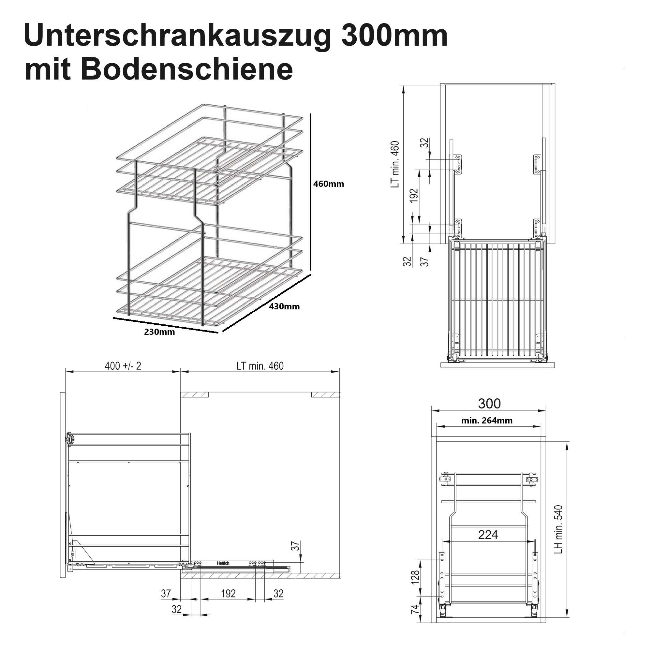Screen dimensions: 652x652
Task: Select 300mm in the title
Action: point(394,36)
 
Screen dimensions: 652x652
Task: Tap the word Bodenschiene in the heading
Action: point(186,69)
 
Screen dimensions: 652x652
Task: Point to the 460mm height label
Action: point(328,184)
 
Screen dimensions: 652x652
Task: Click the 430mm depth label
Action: point(284,306)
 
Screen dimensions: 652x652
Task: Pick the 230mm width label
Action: point(159,332)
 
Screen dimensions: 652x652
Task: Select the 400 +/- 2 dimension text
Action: point(123,366)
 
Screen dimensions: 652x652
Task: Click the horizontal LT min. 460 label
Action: point(260,366)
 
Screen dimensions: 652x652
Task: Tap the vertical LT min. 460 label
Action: point(395,164)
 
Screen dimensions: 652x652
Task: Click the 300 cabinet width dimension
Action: point(489,404)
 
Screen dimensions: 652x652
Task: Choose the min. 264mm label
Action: point(487,421)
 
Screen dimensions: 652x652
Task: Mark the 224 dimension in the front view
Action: point(488,535)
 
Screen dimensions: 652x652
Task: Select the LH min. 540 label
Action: point(558,534)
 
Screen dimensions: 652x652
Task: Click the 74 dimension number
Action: point(415,608)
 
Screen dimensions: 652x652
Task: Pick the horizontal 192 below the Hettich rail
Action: point(228,593)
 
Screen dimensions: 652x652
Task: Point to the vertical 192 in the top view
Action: point(414,195)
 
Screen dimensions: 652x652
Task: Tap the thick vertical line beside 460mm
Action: point(310,192)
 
